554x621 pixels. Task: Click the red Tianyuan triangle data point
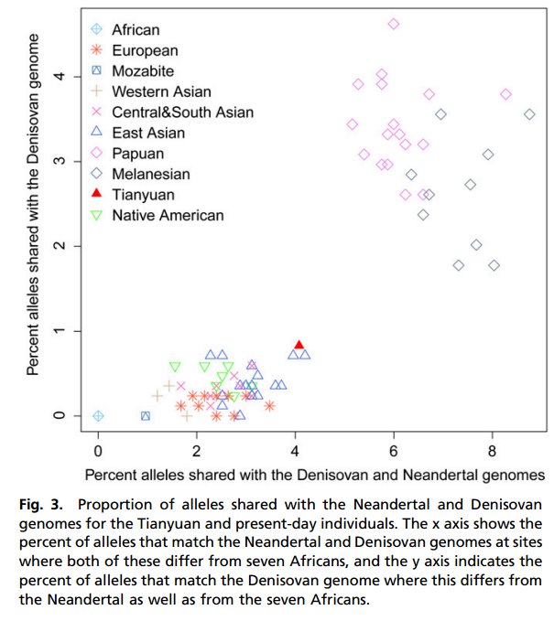point(299,346)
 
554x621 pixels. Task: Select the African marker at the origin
point(98,416)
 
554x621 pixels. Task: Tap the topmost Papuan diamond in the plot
point(394,24)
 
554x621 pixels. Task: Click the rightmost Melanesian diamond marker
point(529,114)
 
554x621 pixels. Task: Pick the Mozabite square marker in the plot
point(146,416)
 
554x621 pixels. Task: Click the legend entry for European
point(145,50)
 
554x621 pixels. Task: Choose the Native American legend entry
point(168,215)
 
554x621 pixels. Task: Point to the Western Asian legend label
point(161,91)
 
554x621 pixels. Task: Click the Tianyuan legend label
point(143,195)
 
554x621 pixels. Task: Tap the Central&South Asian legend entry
point(182,112)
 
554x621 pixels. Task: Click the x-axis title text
point(314,475)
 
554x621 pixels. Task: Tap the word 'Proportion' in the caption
point(115,504)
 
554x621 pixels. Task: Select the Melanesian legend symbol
point(96,174)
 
